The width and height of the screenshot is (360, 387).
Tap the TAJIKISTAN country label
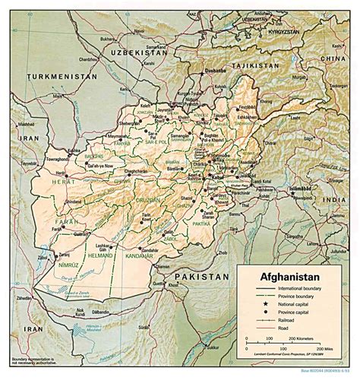[264, 66]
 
